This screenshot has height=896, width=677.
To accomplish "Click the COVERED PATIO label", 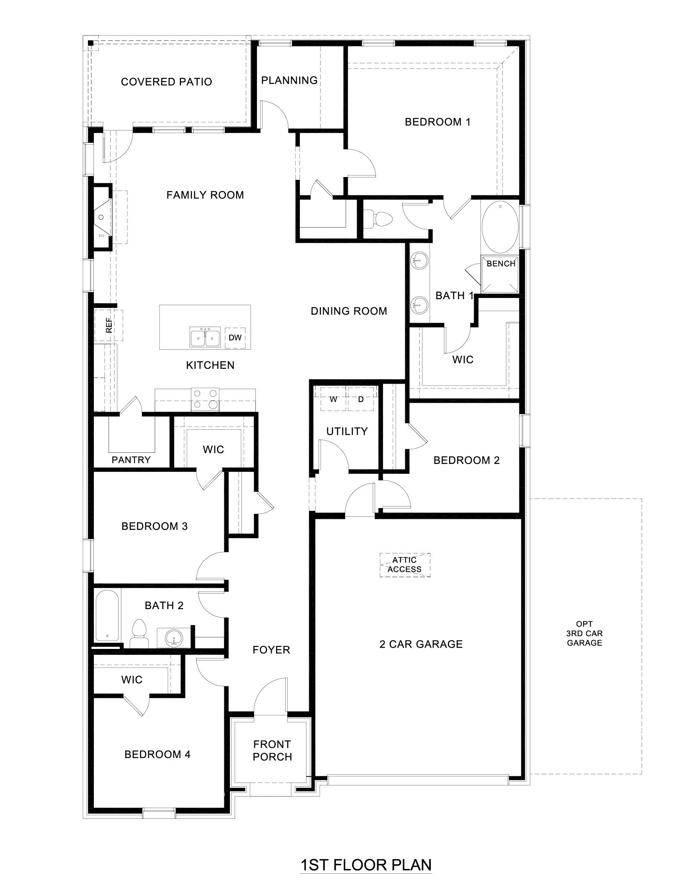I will [166, 82].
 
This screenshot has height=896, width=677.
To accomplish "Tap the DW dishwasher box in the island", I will [235, 337].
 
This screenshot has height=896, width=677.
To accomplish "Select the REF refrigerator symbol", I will [109, 325].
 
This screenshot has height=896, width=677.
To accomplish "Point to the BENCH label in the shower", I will [500, 264].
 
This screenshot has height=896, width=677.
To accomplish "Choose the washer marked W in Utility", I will [333, 399].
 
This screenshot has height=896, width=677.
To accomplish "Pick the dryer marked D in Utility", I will [361, 399].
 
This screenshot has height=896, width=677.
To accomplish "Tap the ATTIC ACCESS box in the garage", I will [405, 565].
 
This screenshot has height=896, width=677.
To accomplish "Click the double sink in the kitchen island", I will [205, 337].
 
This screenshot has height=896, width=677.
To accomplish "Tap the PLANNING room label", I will [289, 80].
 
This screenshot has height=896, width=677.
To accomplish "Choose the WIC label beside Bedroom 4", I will [132, 679].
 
